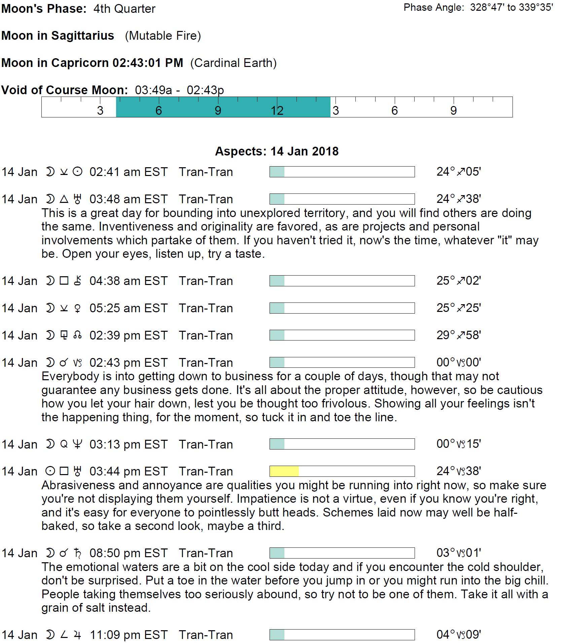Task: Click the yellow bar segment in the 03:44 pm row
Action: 284,471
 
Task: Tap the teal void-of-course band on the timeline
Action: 223,107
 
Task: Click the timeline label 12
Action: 277,111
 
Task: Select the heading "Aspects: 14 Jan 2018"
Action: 277,151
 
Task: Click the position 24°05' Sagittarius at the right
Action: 458,172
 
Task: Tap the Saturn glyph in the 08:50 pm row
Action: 78,553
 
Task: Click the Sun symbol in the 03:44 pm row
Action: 50,471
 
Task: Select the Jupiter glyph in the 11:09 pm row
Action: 77,635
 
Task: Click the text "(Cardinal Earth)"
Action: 233,63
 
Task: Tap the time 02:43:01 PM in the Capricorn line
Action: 148,63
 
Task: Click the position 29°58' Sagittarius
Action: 458,335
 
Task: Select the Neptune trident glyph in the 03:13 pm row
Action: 77,444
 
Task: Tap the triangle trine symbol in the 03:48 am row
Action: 64,199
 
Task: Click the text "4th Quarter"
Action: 124,9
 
